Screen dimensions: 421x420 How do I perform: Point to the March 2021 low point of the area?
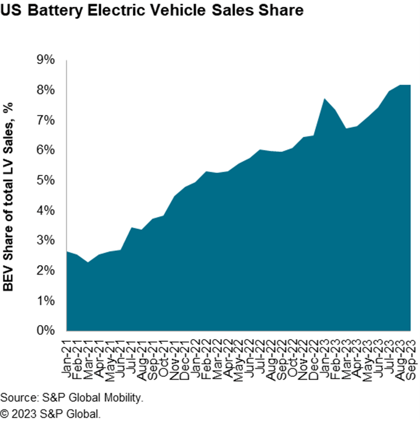[x=88, y=262]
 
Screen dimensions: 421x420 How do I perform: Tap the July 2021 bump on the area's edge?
[x=131, y=228]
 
